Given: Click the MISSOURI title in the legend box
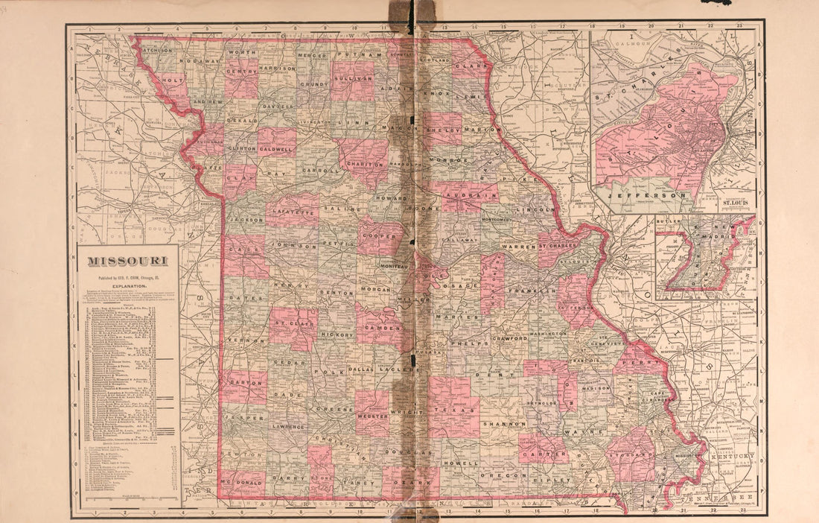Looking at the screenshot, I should pos(128,261).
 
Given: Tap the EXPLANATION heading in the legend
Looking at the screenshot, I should pos(128,285).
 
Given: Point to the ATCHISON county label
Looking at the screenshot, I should pos(158,51).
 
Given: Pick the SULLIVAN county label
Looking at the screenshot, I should pos(354,77).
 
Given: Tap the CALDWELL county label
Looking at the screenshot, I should pos(276,149).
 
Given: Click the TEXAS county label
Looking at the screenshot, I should pos(455,410).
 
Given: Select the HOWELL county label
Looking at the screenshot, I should pos(460,463).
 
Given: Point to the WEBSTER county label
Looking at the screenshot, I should pos(372,418).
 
